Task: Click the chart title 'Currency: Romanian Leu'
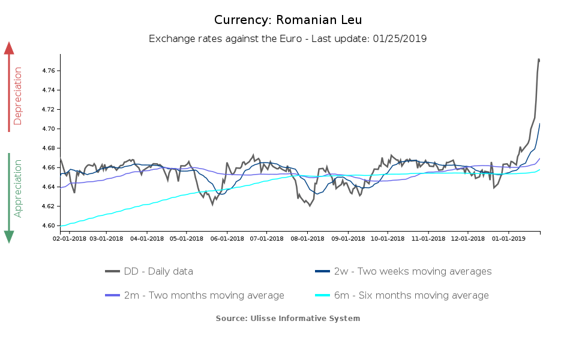tap(288, 20)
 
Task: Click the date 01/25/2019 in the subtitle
tap(400, 38)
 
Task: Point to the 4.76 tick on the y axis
tap(49, 71)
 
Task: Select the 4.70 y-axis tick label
tap(49, 129)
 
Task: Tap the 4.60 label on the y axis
tap(49, 226)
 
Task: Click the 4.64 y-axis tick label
tap(49, 187)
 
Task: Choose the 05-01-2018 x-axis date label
tap(186, 238)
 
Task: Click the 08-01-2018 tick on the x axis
tap(307, 238)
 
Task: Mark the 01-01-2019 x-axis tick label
tap(508, 238)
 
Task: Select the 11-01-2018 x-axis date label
tap(428, 238)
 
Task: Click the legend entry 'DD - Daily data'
tap(158, 271)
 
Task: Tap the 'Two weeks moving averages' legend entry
tap(412, 271)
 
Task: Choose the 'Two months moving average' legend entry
tap(204, 295)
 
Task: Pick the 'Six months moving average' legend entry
tap(411, 295)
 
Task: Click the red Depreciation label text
tap(18, 95)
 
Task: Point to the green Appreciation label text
tap(18, 188)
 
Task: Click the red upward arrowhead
tap(9, 48)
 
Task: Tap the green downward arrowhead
tap(9, 236)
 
